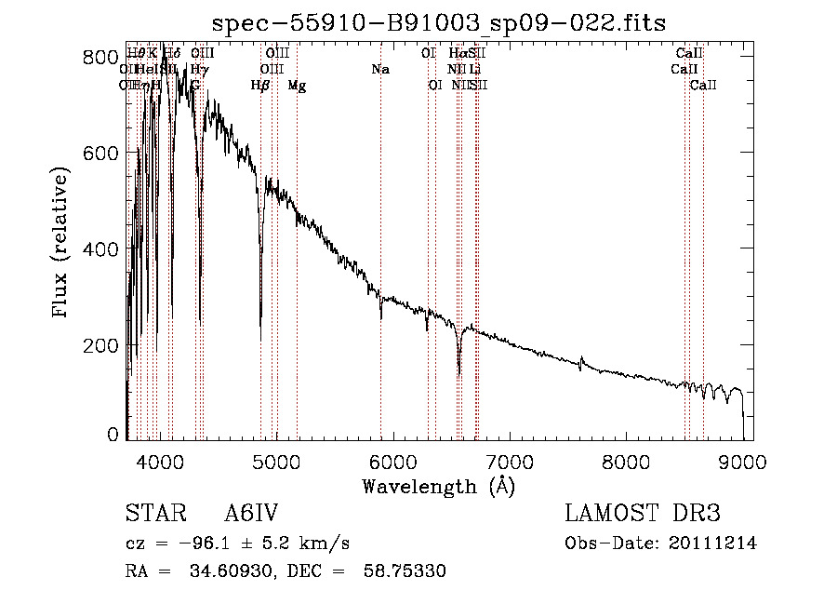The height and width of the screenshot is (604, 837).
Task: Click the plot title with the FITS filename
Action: [439, 21]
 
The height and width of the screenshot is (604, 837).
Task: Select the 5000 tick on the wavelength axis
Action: [275, 460]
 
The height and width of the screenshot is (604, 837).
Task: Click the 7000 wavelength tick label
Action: [510, 460]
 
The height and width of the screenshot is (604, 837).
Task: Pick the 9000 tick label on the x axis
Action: [743, 460]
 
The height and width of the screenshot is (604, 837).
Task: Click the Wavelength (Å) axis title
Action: [438, 486]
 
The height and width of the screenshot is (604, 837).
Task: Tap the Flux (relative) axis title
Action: [62, 244]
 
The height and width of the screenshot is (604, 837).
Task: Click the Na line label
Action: [379, 69]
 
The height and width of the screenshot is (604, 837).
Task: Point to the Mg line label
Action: [297, 86]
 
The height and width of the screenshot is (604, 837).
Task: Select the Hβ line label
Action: [260, 86]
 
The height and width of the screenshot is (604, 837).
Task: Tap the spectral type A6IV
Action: [251, 514]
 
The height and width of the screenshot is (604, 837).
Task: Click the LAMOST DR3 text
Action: [643, 514]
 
